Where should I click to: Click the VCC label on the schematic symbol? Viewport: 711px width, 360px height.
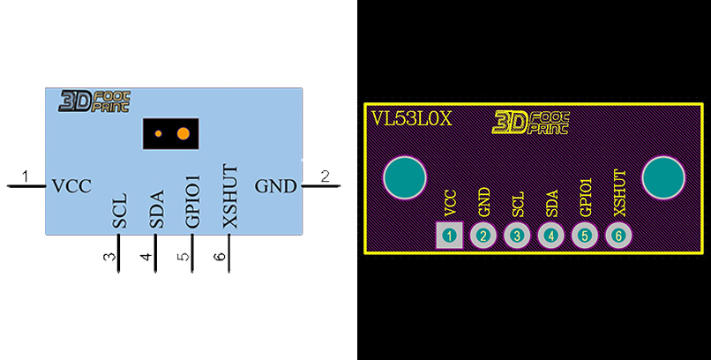click(71, 186)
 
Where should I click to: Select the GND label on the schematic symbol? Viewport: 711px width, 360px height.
click(276, 186)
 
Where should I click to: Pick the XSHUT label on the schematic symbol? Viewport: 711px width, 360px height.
click(230, 197)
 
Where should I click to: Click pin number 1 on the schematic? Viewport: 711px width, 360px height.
click(26, 176)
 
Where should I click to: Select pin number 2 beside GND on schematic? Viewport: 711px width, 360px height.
click(325, 176)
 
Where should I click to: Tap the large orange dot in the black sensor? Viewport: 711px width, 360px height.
click(183, 134)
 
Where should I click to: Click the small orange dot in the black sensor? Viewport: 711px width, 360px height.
click(158, 134)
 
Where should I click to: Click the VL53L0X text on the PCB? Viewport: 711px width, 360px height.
click(411, 118)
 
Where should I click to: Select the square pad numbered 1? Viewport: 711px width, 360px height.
click(450, 236)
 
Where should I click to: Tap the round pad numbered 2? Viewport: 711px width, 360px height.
click(483, 236)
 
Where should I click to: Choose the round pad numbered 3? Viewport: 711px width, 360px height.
click(517, 236)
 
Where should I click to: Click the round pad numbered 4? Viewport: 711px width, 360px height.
click(551, 236)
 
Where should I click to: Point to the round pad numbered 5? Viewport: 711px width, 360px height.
click(585, 236)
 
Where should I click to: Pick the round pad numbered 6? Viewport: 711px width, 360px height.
click(618, 236)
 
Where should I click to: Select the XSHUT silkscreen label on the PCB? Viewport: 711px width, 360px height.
click(619, 192)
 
